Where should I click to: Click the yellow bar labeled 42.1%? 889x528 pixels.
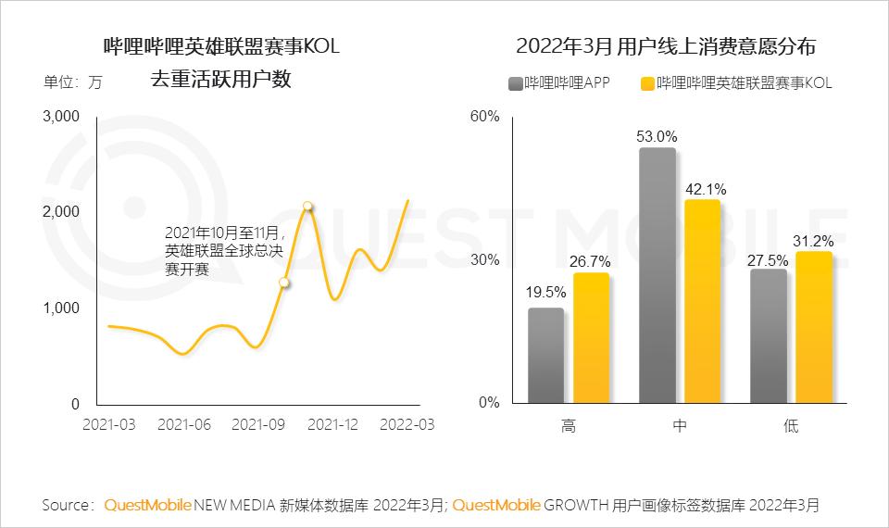702,301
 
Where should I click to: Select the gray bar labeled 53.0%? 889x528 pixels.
657,275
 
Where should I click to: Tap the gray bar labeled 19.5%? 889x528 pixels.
545,356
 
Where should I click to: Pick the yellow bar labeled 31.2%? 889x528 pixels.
814,327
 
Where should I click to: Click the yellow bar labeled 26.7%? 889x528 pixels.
591,338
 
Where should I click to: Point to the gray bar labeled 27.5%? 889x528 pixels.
769,336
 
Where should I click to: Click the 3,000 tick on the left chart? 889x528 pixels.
62,117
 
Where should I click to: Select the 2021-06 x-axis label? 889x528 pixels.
184,424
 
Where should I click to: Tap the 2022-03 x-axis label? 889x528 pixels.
407,424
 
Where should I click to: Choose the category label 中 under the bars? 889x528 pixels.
679,426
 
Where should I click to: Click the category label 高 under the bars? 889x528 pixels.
568,426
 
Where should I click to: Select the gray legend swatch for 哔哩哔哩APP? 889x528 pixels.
515,83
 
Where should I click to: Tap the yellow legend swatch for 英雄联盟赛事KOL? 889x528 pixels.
646,83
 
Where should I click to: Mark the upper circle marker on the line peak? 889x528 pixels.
307,207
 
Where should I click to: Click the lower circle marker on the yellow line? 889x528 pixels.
284,283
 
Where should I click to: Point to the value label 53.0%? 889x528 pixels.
656,135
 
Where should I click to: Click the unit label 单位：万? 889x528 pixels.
73,82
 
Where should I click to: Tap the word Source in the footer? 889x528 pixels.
67,506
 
